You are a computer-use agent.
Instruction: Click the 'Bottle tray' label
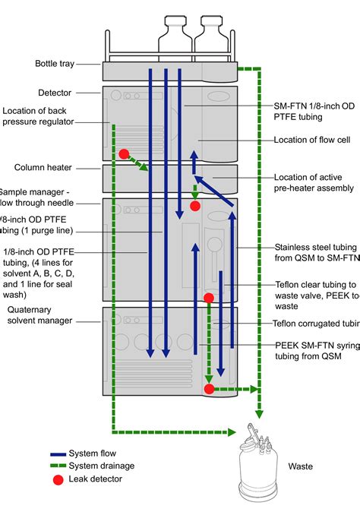point(55,64)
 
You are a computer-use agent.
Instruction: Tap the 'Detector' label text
point(55,93)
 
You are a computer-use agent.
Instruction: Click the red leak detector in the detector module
point(124,153)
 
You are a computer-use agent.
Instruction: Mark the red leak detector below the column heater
point(195,206)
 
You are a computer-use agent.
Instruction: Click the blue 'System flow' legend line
point(54,453)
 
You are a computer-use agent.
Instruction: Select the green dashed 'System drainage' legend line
point(54,466)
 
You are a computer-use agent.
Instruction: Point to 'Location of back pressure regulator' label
point(43,116)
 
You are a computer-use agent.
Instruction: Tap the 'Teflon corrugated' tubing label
point(317,322)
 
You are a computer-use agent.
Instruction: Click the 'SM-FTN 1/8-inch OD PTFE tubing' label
point(314,111)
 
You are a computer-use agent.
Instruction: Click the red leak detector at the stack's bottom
point(209,390)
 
